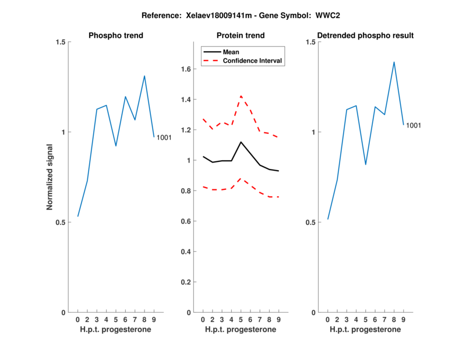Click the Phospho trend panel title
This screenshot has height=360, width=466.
pos(116,36)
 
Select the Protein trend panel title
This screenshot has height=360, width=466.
pos(241,36)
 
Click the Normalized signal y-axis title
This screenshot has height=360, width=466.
pos(50,177)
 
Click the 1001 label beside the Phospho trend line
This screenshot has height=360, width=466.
pos(164,137)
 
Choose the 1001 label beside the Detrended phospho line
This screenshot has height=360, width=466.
pos(413,125)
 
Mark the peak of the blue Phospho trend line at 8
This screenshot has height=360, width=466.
pos(144,76)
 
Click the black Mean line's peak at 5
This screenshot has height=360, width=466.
pos(241,142)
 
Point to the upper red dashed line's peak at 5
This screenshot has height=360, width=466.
pos(241,96)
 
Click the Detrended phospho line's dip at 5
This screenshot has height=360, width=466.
pos(365,164)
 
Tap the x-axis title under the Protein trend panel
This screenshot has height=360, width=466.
pos(241,330)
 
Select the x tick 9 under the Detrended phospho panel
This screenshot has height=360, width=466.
pos(403,320)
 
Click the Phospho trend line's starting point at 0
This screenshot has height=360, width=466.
pos(77,217)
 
